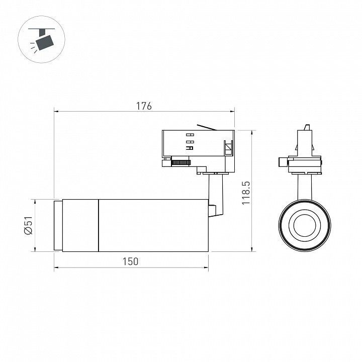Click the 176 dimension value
(x=144, y=106)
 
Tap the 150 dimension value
(x=130, y=261)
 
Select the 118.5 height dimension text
(x=246, y=193)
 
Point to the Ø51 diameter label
(x=29, y=225)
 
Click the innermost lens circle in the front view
(x=305, y=225)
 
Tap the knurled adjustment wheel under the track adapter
(x=180, y=162)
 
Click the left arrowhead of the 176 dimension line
(x=56, y=112)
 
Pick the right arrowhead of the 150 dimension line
(x=206, y=268)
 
